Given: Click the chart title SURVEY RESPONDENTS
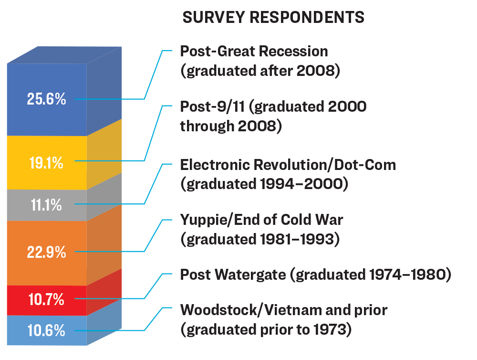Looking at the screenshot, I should point(274,18).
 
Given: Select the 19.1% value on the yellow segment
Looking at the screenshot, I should point(46,163).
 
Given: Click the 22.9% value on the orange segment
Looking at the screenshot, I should point(46,252).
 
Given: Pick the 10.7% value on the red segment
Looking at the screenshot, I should point(46,300).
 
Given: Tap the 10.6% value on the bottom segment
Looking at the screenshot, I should point(46,330).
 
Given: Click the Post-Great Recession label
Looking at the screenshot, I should point(254,51).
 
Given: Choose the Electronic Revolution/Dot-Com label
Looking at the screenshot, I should point(288,165).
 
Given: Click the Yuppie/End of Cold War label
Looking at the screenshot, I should point(261,220).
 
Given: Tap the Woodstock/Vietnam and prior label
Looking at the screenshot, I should point(284,310).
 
